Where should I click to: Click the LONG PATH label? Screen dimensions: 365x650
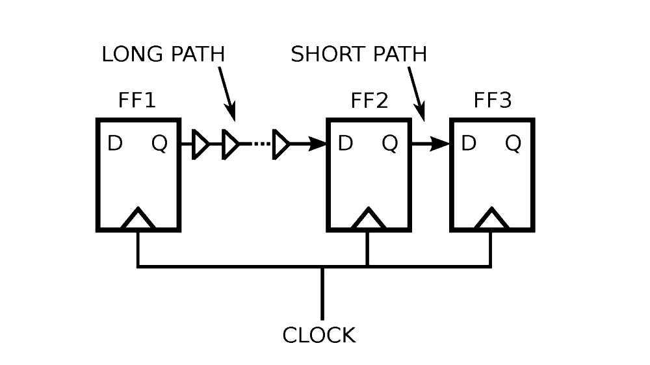click(163, 55)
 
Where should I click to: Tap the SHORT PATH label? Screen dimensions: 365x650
click(359, 55)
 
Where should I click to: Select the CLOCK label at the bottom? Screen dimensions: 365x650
click(319, 335)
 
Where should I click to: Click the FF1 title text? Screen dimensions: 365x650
click(137, 101)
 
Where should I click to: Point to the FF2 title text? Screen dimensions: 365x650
click(369, 101)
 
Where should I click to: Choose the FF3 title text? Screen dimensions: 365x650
click(492, 101)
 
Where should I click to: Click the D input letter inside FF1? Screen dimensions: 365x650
click(114, 144)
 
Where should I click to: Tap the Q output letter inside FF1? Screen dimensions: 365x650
click(159, 144)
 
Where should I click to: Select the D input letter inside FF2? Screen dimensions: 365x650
click(345, 144)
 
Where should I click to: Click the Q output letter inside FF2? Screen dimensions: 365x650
click(389, 144)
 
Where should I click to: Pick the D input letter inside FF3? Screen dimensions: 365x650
click(469, 144)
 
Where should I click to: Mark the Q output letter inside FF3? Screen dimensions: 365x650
click(513, 144)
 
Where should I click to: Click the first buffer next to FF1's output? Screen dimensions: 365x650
click(201, 144)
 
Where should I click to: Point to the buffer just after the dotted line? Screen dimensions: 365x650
click(281, 144)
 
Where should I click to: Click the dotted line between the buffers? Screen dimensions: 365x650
click(260, 144)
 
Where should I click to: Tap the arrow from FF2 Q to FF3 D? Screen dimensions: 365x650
click(430, 144)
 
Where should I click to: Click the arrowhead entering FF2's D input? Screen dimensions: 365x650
click(317, 144)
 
